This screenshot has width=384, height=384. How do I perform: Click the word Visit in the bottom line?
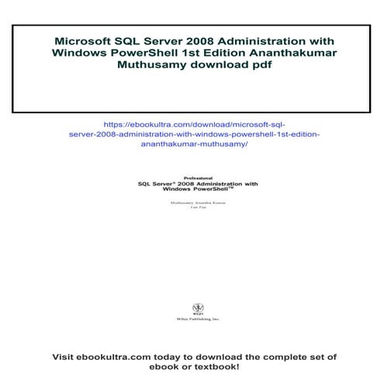66,357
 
